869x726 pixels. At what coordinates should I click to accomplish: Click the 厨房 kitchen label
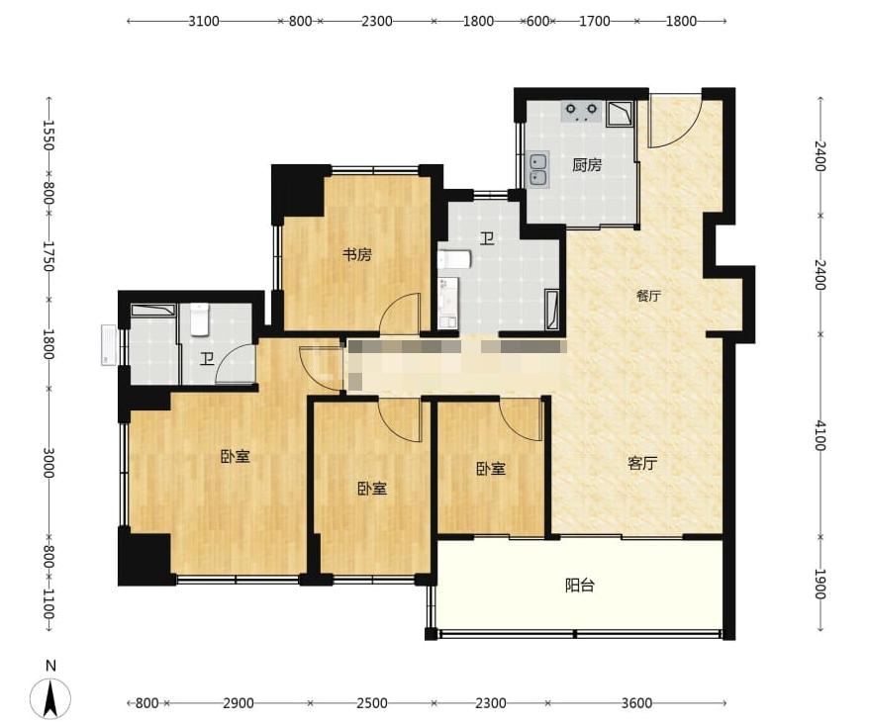(x=587, y=165)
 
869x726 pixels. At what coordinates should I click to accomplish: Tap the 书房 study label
(x=357, y=255)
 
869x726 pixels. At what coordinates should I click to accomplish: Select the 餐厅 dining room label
(x=648, y=296)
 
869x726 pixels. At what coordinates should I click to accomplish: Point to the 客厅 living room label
(x=643, y=462)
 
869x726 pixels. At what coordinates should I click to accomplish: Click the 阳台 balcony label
(x=580, y=585)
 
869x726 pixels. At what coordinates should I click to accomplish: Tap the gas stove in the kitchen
(x=581, y=112)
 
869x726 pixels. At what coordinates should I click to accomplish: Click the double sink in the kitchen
(x=537, y=169)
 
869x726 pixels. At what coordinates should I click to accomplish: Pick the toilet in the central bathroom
(x=454, y=259)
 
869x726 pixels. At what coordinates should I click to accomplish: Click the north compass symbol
(x=50, y=692)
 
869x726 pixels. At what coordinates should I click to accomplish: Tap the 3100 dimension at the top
(x=204, y=22)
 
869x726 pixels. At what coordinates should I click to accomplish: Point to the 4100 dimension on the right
(x=821, y=436)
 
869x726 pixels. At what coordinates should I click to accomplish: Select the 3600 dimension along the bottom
(x=636, y=703)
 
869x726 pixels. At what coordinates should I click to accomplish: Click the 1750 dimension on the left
(x=48, y=256)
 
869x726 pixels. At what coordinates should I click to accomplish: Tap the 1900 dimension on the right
(x=821, y=585)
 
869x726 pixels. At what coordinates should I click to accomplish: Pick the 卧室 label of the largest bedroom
(x=236, y=457)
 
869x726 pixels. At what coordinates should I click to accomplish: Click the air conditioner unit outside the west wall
(x=108, y=346)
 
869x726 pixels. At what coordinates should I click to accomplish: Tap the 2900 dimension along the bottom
(x=239, y=703)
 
